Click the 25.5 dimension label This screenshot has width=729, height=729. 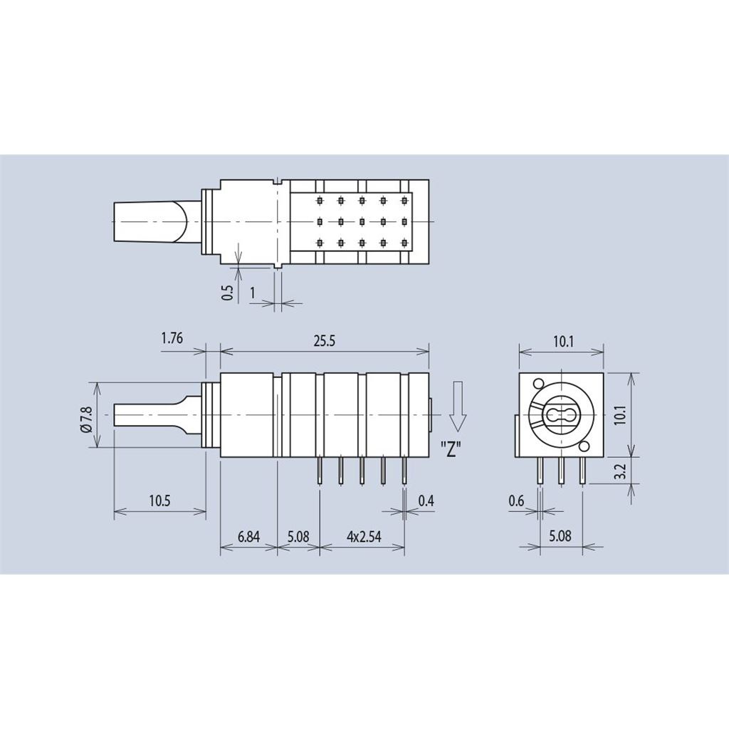324,341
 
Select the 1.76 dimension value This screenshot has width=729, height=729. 172,338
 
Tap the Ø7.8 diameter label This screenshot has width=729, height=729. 87,415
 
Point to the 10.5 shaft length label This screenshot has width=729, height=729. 159,500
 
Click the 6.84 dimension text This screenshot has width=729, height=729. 248,537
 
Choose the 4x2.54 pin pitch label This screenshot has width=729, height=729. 364,537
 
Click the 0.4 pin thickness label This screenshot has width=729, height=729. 426,500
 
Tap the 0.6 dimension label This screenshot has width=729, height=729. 516,500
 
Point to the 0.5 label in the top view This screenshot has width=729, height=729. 227,292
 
